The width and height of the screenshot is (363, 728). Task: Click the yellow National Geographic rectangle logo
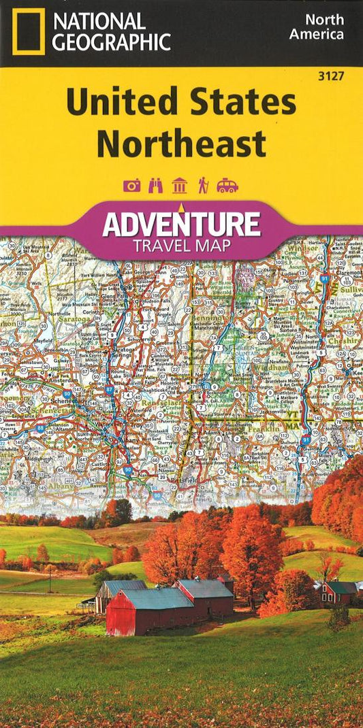[28, 32]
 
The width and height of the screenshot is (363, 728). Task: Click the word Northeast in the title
[180, 143]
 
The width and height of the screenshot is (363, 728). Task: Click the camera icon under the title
[131, 186]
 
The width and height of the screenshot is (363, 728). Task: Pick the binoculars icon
[156, 186]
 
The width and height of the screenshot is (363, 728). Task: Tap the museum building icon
[180, 186]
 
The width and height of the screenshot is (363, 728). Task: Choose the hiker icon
[202, 186]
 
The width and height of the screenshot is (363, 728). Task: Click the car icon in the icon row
[227, 186]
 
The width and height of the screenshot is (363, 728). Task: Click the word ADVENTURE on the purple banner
[181, 224]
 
